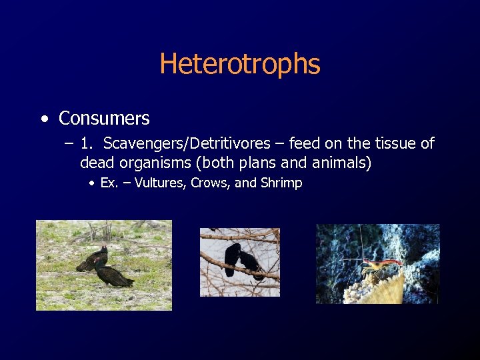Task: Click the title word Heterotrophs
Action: click(240, 64)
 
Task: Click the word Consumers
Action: click(104, 119)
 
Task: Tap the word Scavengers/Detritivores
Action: click(188, 143)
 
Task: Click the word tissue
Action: click(383, 143)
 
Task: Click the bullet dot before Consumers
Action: click(44, 119)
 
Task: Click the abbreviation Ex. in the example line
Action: click(109, 183)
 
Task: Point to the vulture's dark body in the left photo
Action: click(113, 274)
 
